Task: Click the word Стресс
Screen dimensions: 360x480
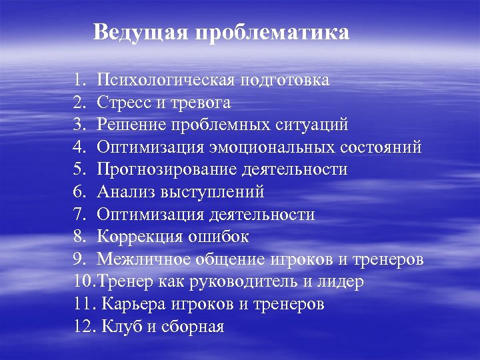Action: pos(123,103)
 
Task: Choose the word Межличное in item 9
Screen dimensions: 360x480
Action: pos(138,259)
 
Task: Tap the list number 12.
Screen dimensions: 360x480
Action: pos(82,327)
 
